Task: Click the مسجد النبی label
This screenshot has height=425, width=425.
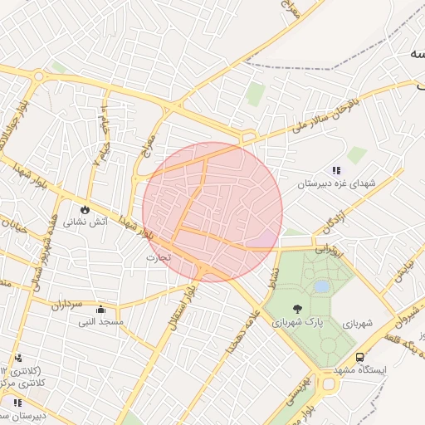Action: tap(100, 321)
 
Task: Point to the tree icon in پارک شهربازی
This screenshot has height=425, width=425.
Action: tap(297, 309)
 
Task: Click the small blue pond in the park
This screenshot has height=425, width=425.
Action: tap(320, 286)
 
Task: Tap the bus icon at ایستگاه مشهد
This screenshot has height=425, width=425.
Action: tap(359, 357)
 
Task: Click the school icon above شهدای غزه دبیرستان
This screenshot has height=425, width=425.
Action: tap(335, 170)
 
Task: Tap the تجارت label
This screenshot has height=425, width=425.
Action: tap(158, 257)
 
